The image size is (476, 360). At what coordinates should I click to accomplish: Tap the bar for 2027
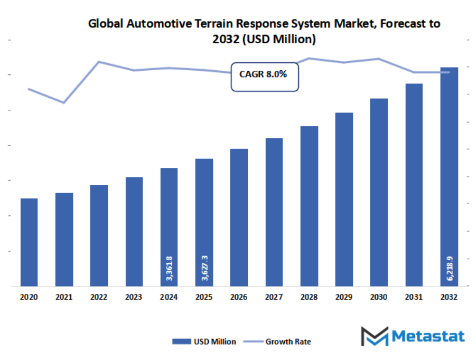coord(274,211)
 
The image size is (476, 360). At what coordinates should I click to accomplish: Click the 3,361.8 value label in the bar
coord(169,267)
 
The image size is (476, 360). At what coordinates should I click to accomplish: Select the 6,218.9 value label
coord(449,267)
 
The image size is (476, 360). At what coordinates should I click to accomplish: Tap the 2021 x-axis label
coord(64,297)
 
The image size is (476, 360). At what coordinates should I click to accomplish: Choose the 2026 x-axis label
coord(239,297)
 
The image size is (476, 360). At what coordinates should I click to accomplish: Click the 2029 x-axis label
coord(344,297)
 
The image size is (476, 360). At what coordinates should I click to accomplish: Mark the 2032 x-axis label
coord(449,297)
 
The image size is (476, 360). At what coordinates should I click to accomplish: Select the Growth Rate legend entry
coord(278,342)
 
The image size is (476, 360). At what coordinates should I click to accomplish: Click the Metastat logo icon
coord(374,336)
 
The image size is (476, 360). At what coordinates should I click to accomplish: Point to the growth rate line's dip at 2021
coord(64,102)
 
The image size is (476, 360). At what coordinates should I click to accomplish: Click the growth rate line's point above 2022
coord(99,62)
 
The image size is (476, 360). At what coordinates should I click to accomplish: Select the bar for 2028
coord(309,205)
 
